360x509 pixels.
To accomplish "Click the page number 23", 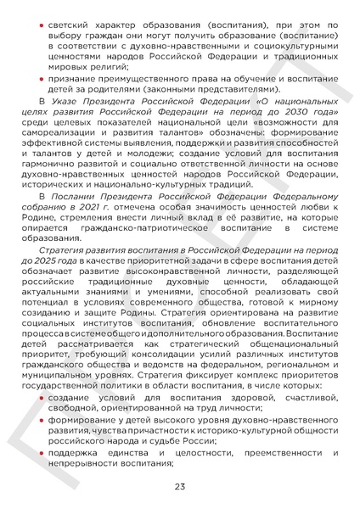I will pos(180,486).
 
